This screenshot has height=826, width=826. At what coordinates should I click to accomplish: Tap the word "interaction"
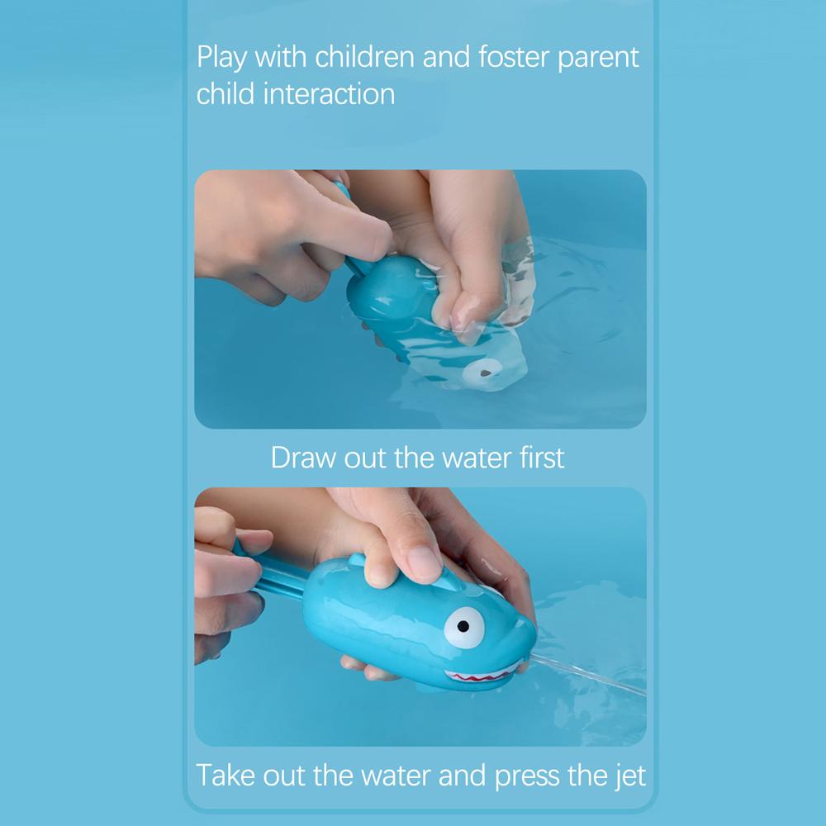329,93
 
